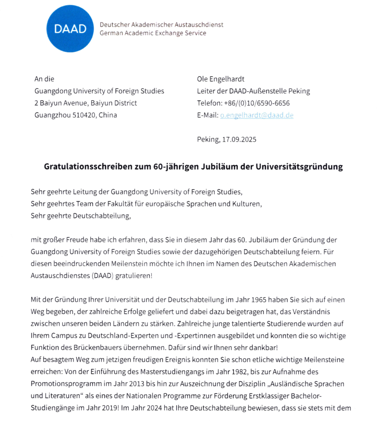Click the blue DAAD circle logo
coord(70,29)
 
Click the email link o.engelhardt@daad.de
coord(257,115)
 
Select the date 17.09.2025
coord(239,140)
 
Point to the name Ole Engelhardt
coord(220,79)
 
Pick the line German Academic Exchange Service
coord(153,33)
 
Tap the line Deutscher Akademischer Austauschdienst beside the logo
coord(161,24)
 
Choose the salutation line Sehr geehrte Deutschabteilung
coord(81,216)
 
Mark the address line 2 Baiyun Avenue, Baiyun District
coord(85,103)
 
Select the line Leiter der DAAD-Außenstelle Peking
coord(253,91)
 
